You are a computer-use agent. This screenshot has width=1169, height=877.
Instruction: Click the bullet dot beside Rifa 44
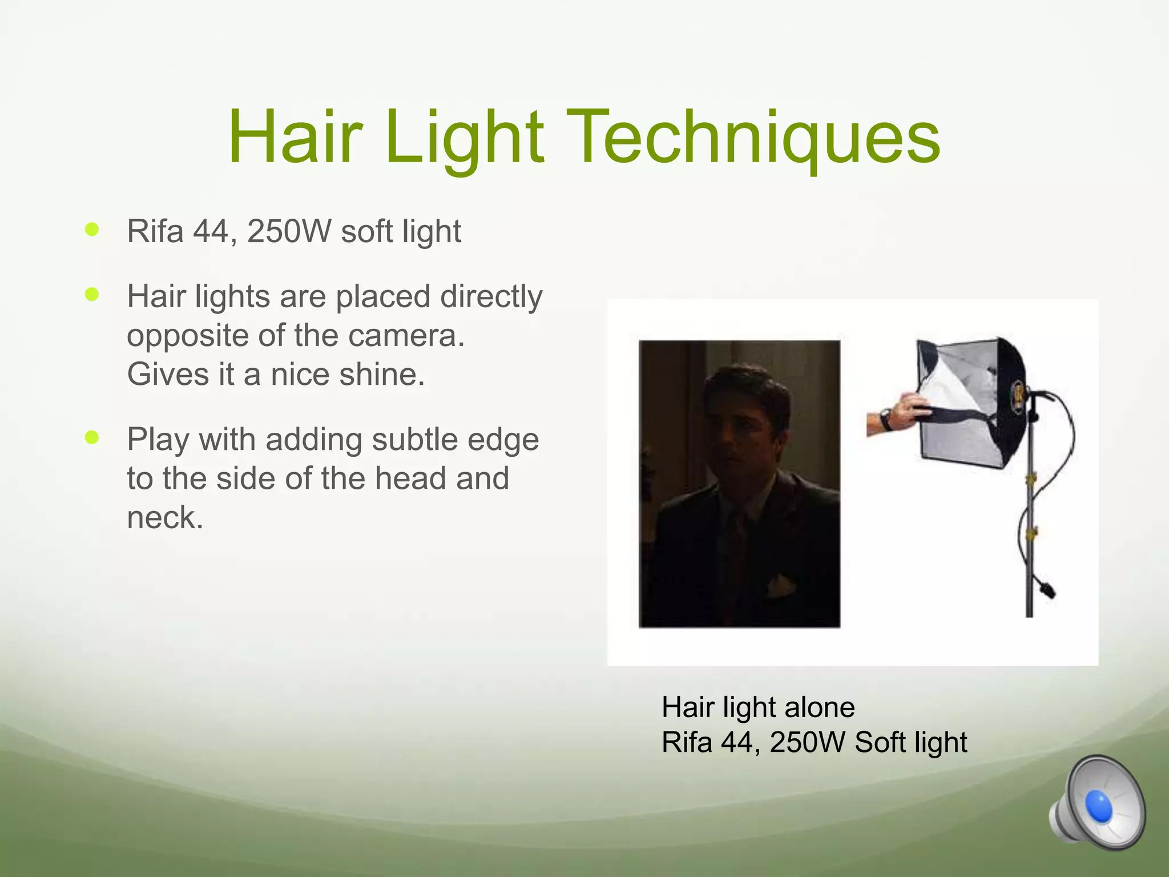click(x=91, y=230)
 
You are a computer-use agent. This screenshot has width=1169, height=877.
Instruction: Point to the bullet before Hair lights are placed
click(x=91, y=295)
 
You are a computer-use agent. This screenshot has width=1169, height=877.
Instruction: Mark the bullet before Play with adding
click(x=91, y=437)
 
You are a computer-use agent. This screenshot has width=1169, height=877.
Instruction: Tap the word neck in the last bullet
click(x=164, y=518)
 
